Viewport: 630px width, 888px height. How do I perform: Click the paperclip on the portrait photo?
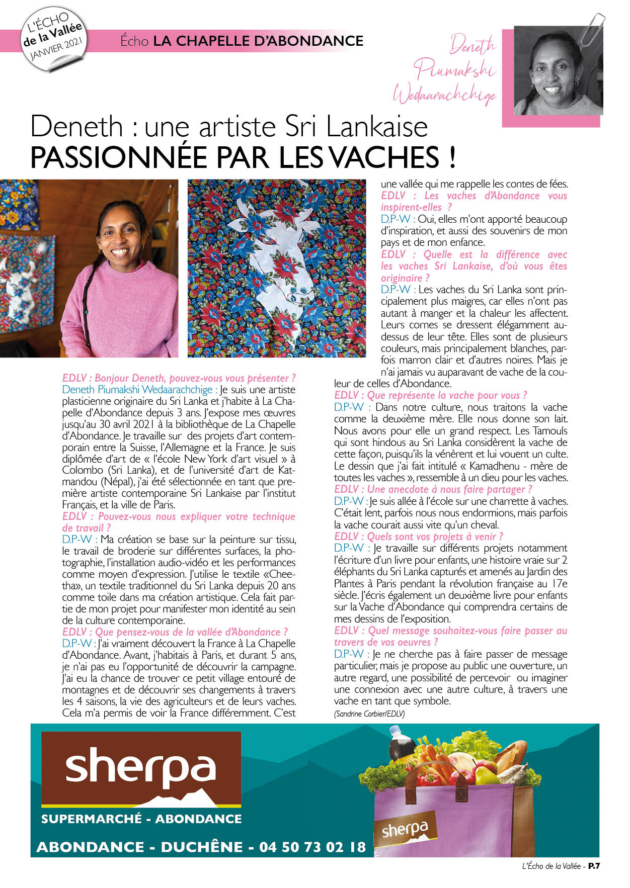coord(592,29)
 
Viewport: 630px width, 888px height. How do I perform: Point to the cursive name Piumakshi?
coord(457,70)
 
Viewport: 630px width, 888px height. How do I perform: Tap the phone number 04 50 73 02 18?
coord(312,847)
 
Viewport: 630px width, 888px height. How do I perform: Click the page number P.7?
coord(595,866)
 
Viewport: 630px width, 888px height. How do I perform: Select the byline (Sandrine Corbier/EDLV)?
coord(369,714)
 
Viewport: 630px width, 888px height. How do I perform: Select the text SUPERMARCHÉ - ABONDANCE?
coord(141,819)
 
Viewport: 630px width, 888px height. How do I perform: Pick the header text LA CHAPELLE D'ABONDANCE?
coord(258,41)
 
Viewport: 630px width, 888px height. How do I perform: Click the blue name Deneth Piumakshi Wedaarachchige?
coord(137,390)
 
